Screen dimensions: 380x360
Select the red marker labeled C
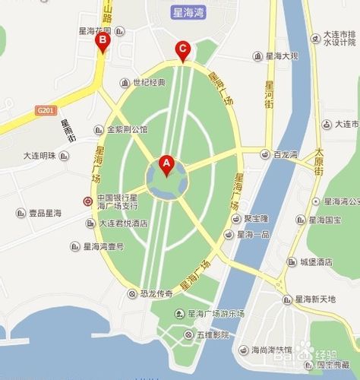tap(182, 51)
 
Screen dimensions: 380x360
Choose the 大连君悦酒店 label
tap(122, 224)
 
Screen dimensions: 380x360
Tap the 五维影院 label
tap(212, 334)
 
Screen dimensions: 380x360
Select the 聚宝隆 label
tap(257, 218)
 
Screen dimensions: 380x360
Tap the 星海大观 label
tap(285, 56)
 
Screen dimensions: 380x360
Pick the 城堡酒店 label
tap(315, 261)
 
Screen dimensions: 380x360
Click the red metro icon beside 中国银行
tap(88, 202)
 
